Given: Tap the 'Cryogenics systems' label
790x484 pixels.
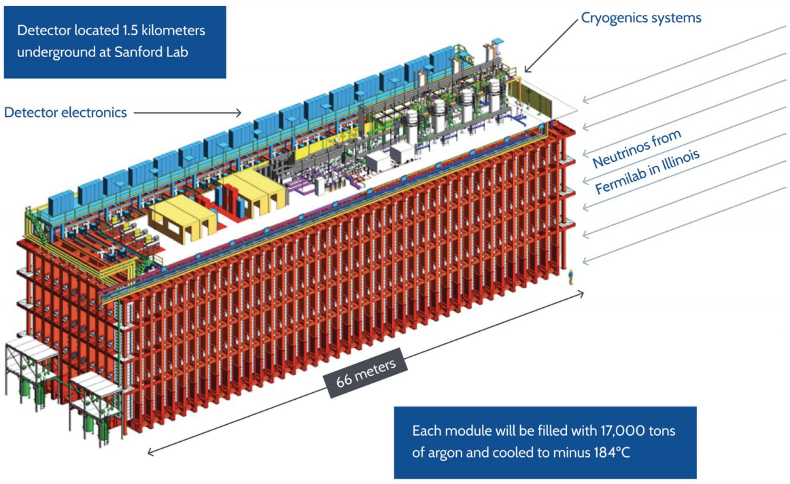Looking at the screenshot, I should pos(641,18).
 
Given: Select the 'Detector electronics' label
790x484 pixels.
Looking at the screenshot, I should pos(65,113).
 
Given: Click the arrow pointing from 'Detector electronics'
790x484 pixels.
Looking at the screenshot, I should pos(187,113).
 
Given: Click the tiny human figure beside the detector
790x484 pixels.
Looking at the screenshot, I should pos(571,275).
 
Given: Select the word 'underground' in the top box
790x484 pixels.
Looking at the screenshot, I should pos(54,52).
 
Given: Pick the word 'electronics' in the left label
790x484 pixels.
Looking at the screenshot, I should pos(95,113).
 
